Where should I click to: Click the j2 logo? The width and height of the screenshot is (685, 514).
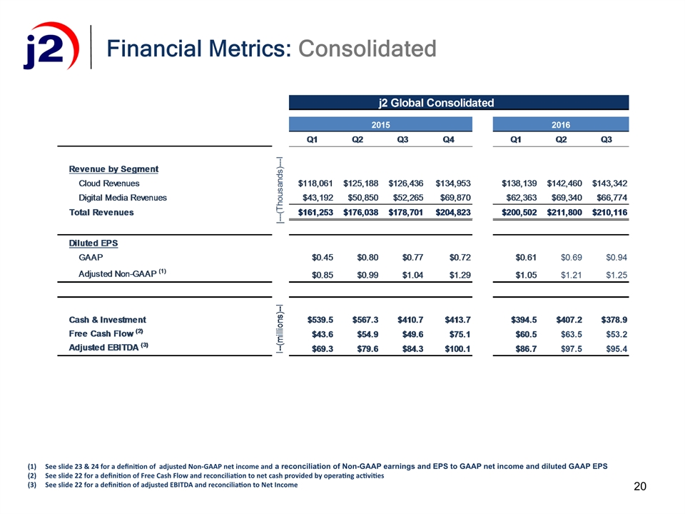click(46, 47)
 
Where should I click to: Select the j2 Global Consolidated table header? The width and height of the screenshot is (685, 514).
click(435, 102)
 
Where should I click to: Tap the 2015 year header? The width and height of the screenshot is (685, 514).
click(380, 124)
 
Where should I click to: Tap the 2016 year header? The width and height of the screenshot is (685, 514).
click(561, 124)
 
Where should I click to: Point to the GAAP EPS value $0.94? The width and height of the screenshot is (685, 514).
click(615, 257)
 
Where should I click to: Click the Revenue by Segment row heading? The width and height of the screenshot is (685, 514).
click(113, 169)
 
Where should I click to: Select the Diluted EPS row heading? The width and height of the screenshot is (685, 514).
click(93, 243)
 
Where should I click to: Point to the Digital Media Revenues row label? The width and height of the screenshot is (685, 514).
click(122, 198)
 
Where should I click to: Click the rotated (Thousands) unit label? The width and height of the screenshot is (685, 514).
click(279, 190)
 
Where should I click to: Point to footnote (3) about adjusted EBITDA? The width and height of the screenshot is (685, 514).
click(171, 485)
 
